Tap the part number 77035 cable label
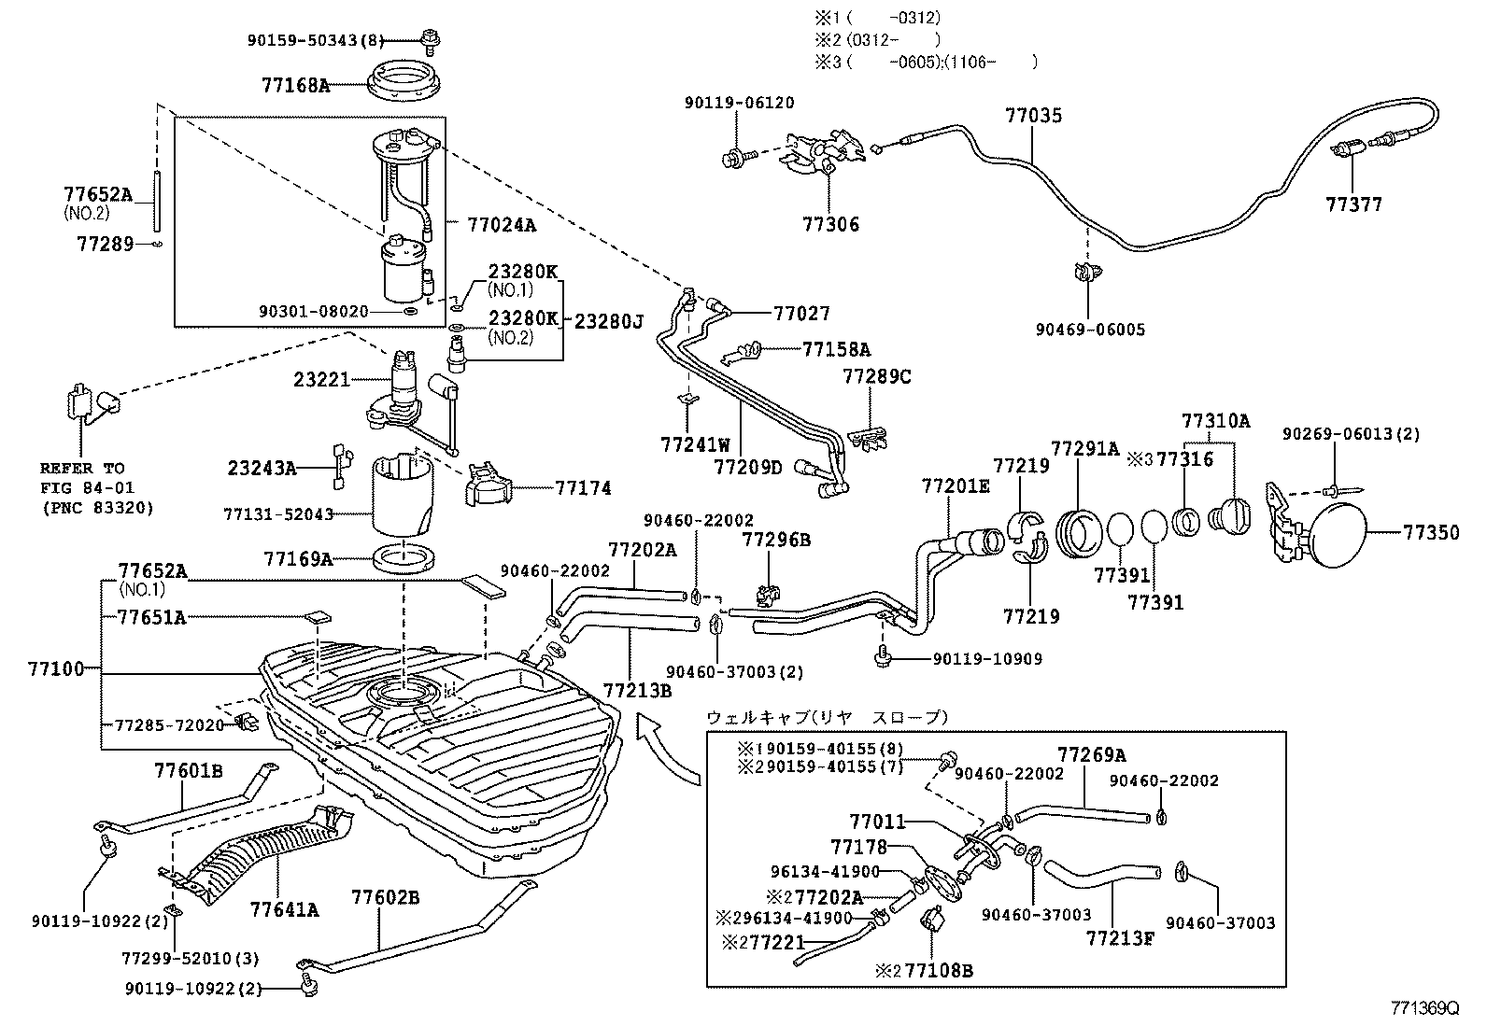pos(1033,117)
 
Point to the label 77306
pos(830,225)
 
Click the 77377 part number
pos(1353,204)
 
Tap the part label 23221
pos(321,380)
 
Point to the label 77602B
pos(385,898)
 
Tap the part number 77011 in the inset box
pos(877,822)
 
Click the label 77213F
pos(1120,936)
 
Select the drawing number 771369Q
pos(1423,1008)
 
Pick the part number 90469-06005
pos(1090,330)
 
